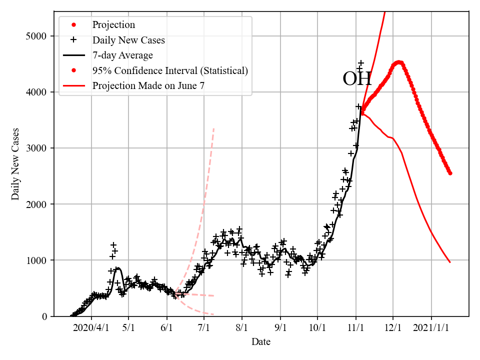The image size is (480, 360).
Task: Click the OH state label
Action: (x=357, y=79)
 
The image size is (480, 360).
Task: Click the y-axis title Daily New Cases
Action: (x=15, y=163)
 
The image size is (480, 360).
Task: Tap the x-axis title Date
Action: (x=261, y=342)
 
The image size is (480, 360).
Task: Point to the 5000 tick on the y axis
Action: (x=36, y=36)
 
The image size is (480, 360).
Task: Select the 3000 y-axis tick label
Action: (x=36, y=148)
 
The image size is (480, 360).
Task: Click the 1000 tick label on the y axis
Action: (x=36, y=260)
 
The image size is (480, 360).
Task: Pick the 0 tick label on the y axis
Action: (x=43, y=316)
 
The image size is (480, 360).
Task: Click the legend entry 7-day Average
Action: (x=122, y=55)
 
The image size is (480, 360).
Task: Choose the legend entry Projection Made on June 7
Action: (x=148, y=86)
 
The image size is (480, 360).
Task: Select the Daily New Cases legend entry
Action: (x=128, y=40)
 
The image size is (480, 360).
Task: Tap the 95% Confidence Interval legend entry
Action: (x=170, y=70)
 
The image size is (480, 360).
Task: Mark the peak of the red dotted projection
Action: (x=398, y=62)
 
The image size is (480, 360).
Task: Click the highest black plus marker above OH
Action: (x=361, y=63)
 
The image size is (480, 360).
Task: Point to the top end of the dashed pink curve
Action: (x=214, y=128)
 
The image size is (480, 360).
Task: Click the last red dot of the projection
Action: (x=450, y=173)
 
